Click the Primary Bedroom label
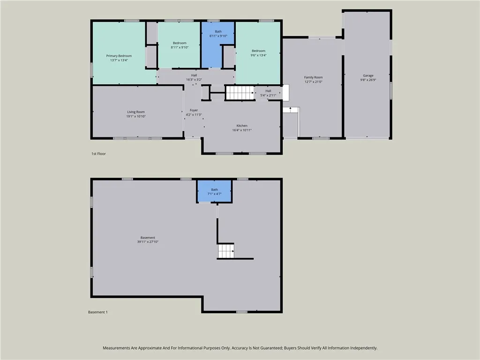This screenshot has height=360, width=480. pos(119,56)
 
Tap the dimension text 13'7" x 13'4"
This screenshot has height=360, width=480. pos(119,60)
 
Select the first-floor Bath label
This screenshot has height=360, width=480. pos(218,31)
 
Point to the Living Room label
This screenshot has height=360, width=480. pos(136,112)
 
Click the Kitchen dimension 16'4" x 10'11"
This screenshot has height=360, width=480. pos(242,130)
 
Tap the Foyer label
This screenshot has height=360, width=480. pos(194,110)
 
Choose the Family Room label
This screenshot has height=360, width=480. pos(313,77)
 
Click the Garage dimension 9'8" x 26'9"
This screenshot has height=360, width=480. pos(368,80)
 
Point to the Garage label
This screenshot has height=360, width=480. pos(368,75)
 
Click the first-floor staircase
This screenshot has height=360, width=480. pos(240,93)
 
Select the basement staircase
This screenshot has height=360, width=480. pos(226,251)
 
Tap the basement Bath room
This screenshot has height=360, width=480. pos(214,191)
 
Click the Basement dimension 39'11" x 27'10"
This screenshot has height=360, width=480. pos(148,242)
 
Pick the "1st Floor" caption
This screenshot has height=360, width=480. pos(98,154)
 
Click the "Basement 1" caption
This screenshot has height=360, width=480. pos(98,312)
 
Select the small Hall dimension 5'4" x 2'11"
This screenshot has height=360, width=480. pos(268,95)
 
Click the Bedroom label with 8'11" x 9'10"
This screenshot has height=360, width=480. pos(180,43)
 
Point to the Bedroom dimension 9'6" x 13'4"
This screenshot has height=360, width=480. pos(259,55)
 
